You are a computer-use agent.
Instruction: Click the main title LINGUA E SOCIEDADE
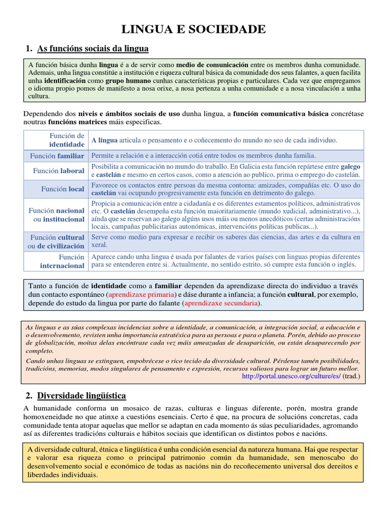coord(193,29)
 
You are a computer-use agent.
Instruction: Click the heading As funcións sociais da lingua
coord(93,49)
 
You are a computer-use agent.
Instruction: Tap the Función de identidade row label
coord(67,140)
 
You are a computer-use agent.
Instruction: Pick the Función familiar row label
coord(57,156)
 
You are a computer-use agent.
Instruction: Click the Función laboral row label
coord(58,171)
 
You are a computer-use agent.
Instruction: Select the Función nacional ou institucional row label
coord(56,215)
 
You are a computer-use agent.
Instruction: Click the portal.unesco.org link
coord(291,376)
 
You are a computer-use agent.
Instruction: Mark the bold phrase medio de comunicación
coord(212,65)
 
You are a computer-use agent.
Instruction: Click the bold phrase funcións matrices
coord(78,122)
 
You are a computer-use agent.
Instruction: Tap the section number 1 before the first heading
coord(29,49)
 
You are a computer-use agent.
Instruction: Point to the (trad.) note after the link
coord(352,376)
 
